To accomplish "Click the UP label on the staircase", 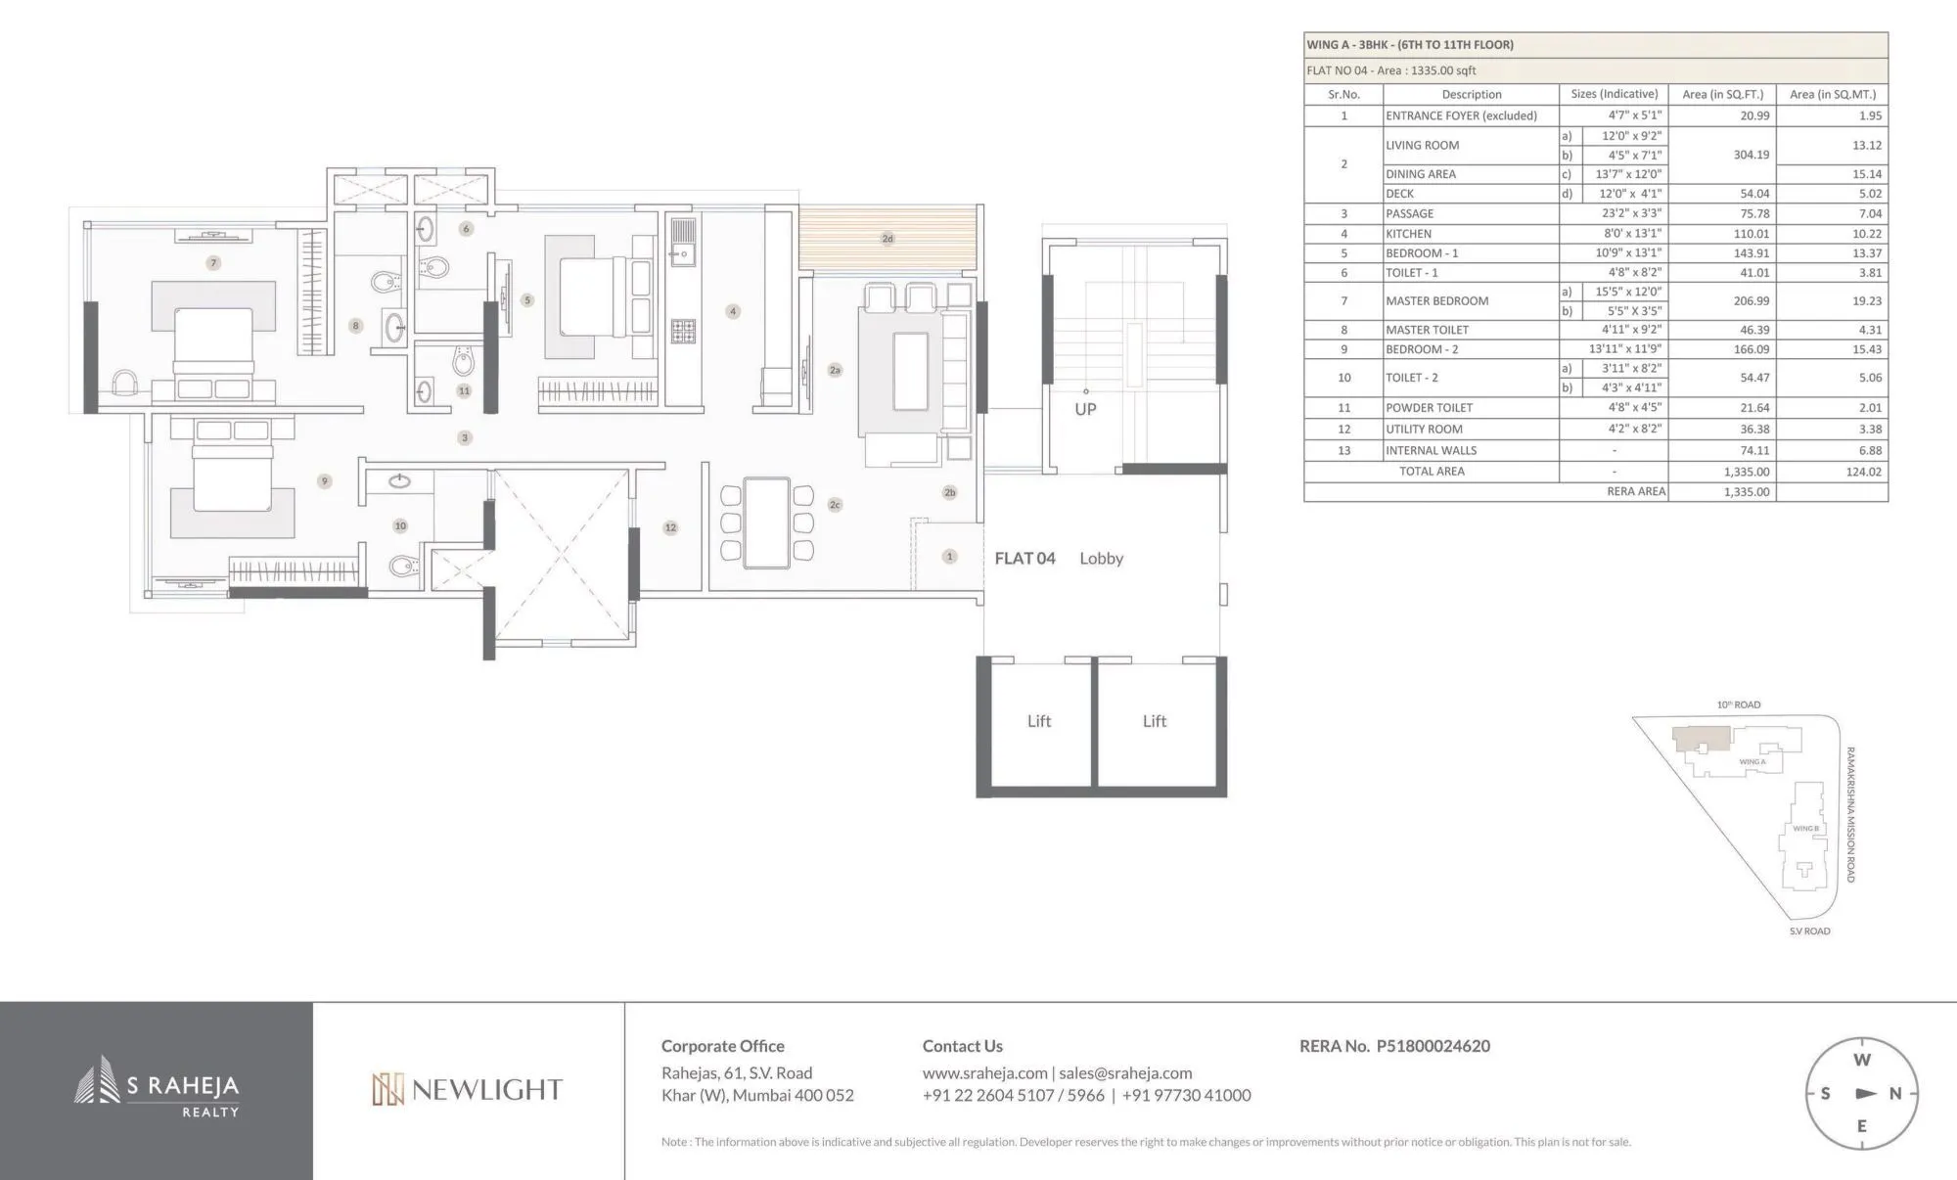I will click(x=1085, y=409).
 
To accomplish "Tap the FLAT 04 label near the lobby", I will click(x=1024, y=558).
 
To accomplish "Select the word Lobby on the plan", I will click(x=1101, y=558).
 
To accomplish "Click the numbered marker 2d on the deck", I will click(x=887, y=239).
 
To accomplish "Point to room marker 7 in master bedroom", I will click(x=213, y=262).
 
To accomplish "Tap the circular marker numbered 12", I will click(x=670, y=527).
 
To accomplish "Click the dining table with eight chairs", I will click(x=766, y=522).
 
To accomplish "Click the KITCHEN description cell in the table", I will click(x=1408, y=234).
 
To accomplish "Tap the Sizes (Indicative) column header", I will click(x=1614, y=94).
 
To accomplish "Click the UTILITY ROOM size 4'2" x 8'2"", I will click(x=1633, y=429).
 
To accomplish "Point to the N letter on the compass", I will click(x=1895, y=1094).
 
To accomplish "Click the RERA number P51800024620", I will click(x=1433, y=1046).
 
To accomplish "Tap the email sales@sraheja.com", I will click(x=1125, y=1073).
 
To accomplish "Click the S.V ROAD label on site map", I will click(x=1809, y=930).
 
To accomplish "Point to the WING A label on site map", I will click(x=1752, y=761).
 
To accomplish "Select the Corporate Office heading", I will click(x=722, y=1046).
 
